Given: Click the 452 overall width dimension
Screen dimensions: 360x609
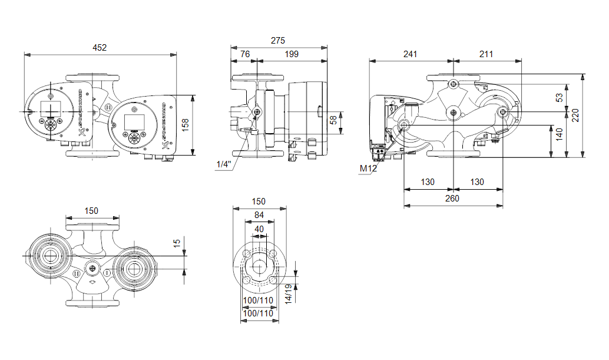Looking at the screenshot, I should [100, 48].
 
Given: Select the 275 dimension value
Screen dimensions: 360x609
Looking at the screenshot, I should [278, 41].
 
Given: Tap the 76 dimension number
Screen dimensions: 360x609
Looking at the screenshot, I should [245, 54].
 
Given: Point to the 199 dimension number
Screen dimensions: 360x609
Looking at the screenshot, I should [291, 54].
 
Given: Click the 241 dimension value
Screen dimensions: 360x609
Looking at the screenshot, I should [410, 54].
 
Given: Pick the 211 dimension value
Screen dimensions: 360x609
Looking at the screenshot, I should [486, 54].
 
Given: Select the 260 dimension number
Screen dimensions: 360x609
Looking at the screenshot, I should [452, 199].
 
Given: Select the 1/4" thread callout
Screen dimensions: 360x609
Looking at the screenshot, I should [223, 165].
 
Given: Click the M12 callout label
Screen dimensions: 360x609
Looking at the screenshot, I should [368, 169].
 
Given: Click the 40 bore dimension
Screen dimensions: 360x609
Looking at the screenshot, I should [260, 229].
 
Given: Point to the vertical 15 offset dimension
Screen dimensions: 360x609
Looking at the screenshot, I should [177, 243].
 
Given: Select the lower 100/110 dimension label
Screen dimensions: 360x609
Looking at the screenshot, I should [259, 313].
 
